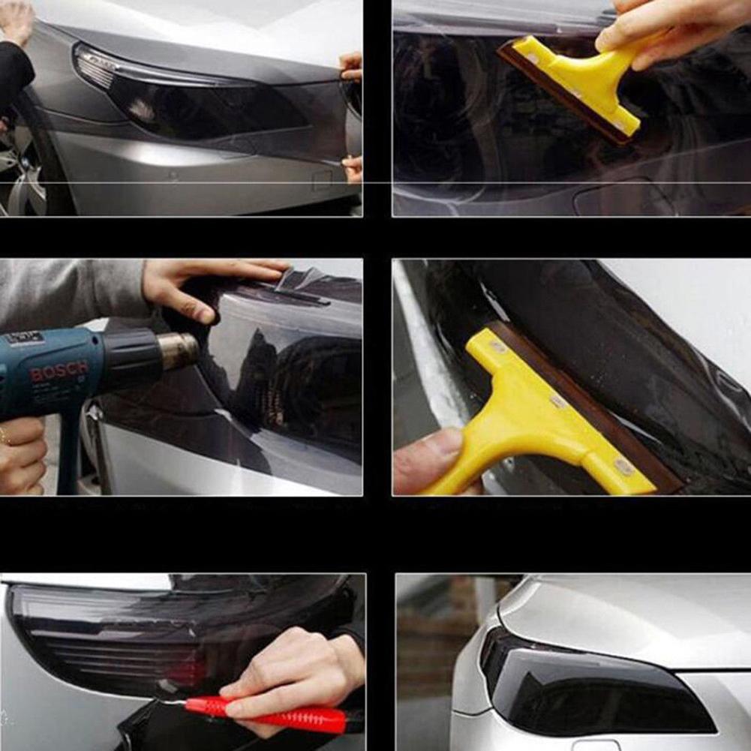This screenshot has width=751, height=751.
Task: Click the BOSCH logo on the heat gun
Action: (59, 371)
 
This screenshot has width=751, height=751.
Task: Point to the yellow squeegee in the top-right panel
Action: (578, 83)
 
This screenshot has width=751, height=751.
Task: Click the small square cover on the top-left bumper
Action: (322, 181)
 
